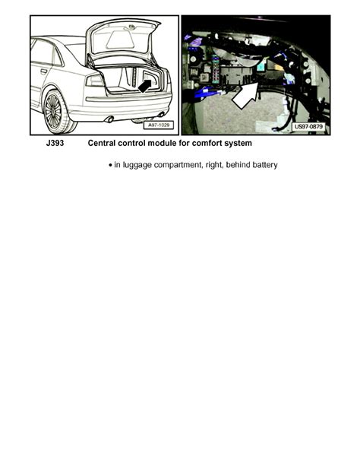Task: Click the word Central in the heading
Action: (x=105, y=143)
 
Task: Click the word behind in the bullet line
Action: (x=231, y=165)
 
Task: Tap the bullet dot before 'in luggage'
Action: (x=111, y=165)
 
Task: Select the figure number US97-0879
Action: (x=308, y=127)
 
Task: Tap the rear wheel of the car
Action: (x=52, y=111)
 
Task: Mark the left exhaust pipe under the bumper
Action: (x=109, y=119)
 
